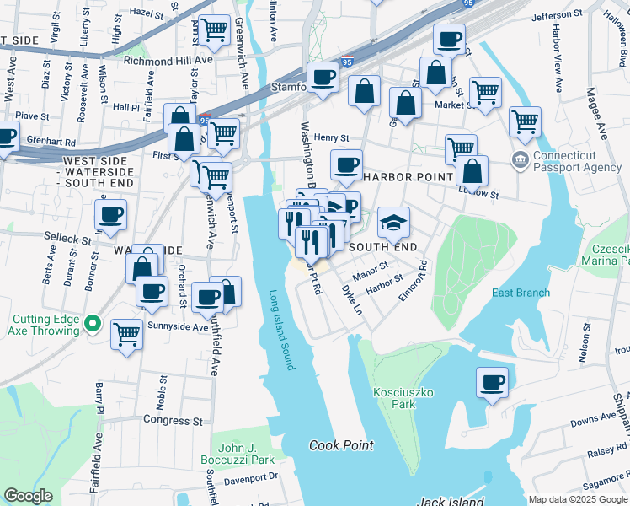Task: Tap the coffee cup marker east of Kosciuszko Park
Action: tap(492, 382)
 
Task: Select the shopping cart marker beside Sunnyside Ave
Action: tap(127, 335)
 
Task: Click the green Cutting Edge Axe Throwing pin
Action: tap(93, 324)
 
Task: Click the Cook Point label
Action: tap(340, 445)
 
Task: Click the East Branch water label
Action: tap(521, 293)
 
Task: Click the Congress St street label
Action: tap(174, 419)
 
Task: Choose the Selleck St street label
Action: tap(68, 240)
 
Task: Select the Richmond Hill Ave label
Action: tap(168, 61)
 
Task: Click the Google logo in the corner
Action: tap(29, 496)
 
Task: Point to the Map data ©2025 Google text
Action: tap(577, 499)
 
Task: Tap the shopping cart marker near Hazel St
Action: tap(215, 30)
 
